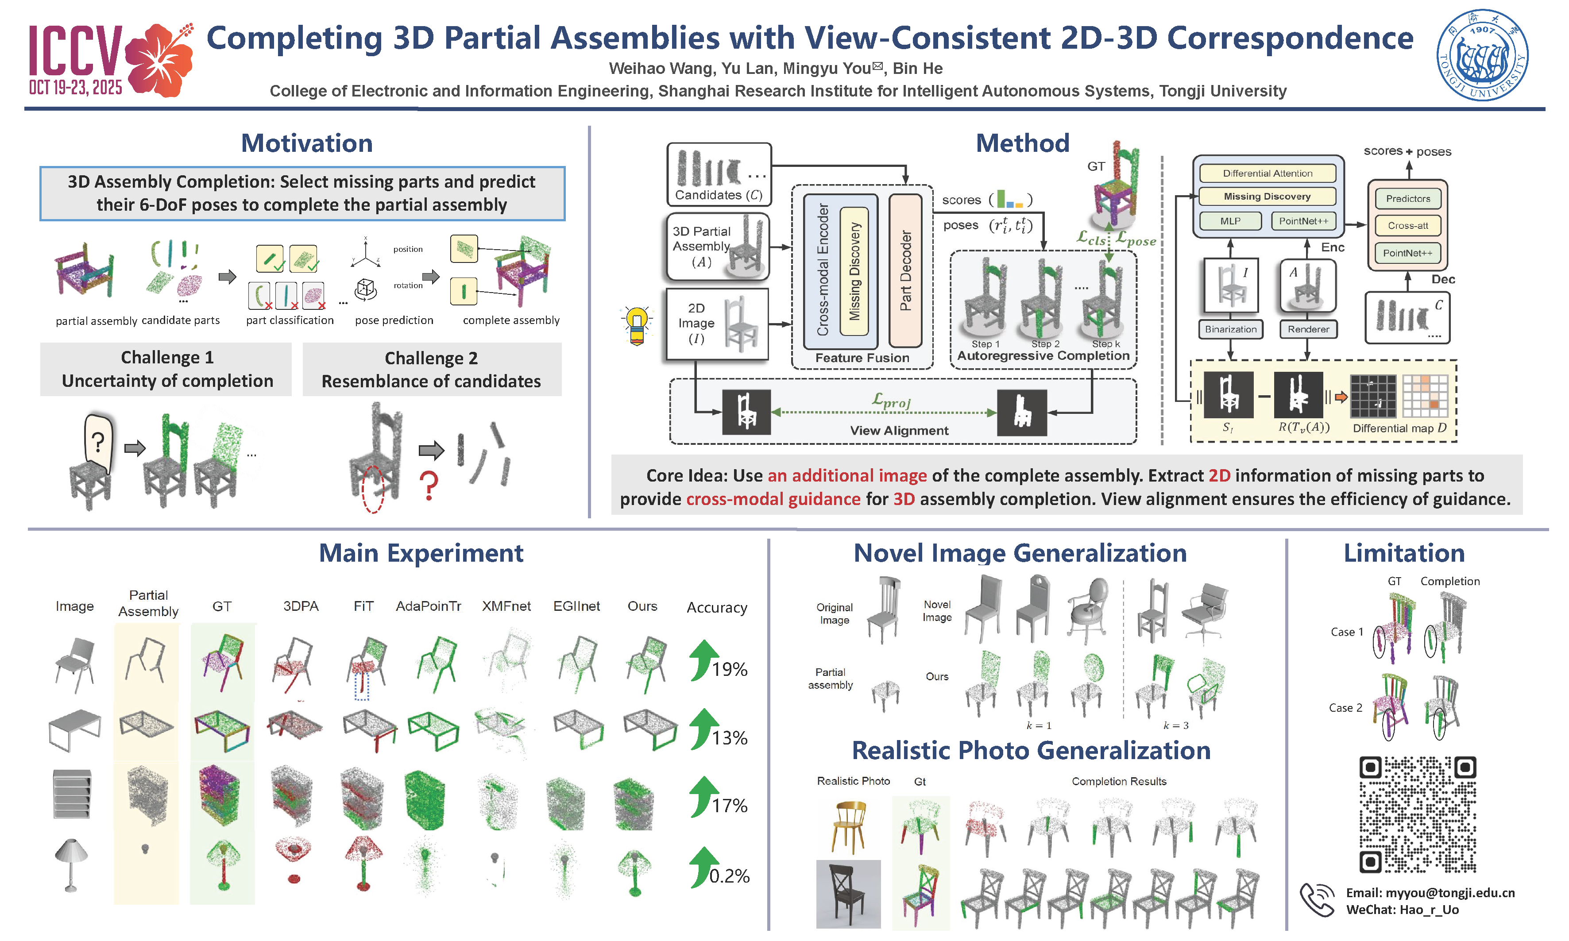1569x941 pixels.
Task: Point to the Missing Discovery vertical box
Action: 854,271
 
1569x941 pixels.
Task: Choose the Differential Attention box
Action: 1267,173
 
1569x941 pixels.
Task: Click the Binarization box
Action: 1230,329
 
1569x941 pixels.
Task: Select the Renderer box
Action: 1308,329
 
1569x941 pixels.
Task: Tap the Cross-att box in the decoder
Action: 1408,226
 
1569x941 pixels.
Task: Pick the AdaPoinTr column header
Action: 428,606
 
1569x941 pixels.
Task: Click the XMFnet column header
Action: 506,606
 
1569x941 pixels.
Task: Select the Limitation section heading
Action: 1404,553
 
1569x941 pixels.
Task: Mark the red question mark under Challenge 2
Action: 429,486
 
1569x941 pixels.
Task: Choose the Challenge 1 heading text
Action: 167,358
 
